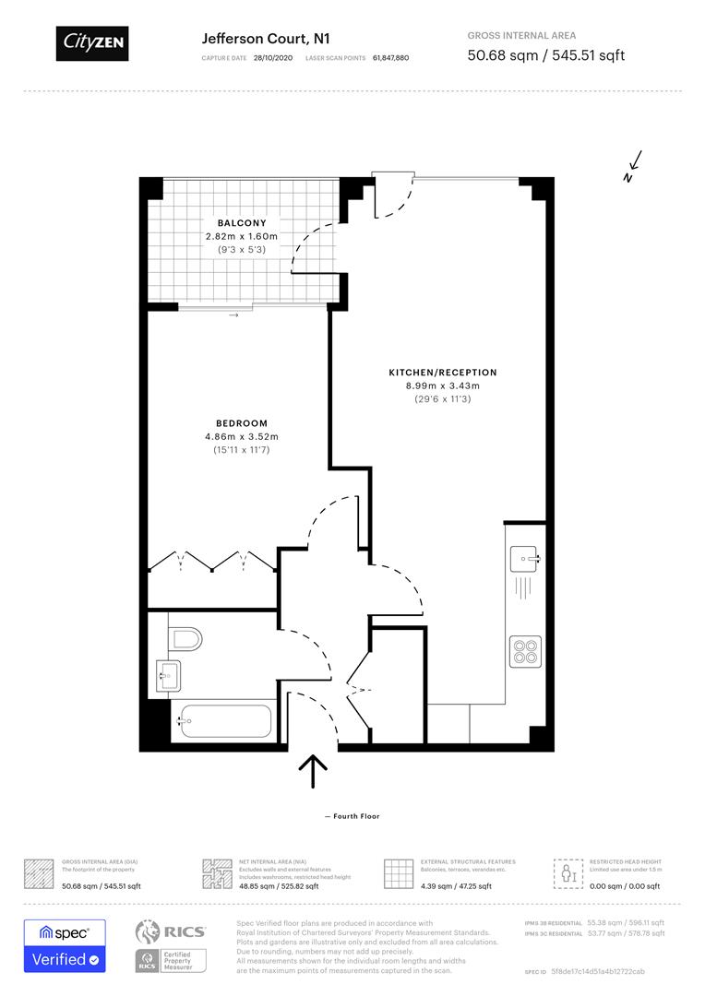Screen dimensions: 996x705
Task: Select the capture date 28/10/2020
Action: click(x=274, y=57)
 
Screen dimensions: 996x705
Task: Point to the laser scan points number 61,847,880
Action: click(x=390, y=57)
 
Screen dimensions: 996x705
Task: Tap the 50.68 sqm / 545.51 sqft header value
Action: click(x=545, y=55)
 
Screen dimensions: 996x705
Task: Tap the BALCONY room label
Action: click(x=242, y=223)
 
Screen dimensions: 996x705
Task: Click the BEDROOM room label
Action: click(x=242, y=424)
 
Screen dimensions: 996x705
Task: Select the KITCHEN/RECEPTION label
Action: click(x=442, y=373)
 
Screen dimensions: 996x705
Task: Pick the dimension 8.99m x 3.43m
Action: click(x=442, y=385)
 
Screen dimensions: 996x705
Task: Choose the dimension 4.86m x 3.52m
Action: click(x=242, y=437)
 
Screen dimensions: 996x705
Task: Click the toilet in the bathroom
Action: click(x=186, y=638)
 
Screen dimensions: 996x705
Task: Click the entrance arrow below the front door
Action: click(x=314, y=771)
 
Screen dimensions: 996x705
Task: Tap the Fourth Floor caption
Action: click(x=352, y=816)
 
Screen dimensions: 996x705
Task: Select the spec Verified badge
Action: click(x=64, y=945)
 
